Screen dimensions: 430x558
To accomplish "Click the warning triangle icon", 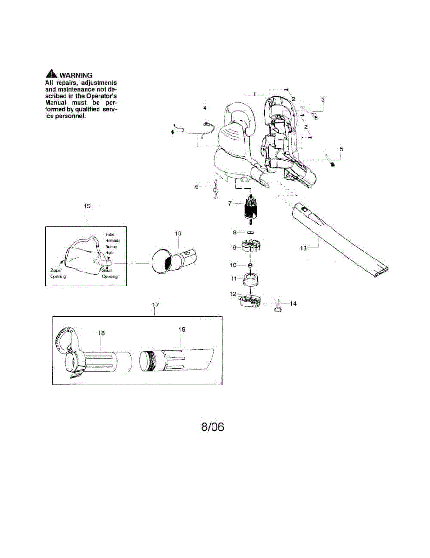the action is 51,74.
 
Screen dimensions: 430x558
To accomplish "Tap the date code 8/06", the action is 212,427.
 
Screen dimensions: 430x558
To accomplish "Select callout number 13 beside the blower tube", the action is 303,248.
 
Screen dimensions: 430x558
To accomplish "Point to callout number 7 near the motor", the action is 230,203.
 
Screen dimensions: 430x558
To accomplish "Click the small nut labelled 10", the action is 251,265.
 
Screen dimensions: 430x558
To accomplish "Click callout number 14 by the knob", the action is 293,304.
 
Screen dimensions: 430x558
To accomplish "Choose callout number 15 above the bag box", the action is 87,206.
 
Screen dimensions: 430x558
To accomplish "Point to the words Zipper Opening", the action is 58,273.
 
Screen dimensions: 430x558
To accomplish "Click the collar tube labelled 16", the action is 175,258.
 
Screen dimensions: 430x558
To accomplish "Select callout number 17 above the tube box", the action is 156,305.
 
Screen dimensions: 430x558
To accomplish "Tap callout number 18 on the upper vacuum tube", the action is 101,333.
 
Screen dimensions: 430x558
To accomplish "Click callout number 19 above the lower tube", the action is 182,329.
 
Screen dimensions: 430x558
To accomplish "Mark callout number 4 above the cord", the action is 205,108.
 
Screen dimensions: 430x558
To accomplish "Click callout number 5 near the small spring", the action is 342,149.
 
